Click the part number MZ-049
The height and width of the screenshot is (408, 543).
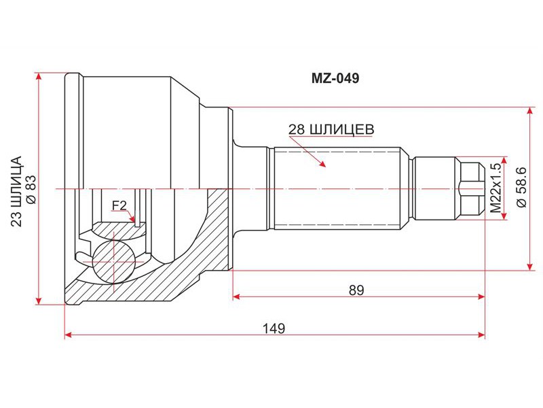click(335, 78)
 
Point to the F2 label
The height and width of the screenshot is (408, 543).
click(119, 206)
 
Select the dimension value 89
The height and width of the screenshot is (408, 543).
click(357, 290)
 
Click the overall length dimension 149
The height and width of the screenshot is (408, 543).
click(274, 328)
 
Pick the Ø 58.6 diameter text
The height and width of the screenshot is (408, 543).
click(521, 188)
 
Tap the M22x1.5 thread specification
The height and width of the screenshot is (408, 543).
click(495, 188)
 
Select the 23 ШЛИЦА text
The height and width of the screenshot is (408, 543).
click(16, 192)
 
